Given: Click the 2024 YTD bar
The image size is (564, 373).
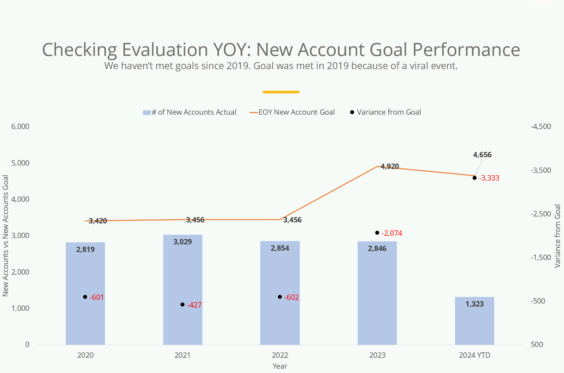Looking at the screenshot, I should coord(474,321).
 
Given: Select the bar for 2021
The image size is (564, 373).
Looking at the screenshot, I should coord(182,289).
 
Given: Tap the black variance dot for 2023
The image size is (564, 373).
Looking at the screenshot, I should coord(377,233).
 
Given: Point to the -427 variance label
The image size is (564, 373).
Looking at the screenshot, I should coord(194,305).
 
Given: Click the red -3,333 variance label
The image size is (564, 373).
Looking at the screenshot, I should coord(489,178).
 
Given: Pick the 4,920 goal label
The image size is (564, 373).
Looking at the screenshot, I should coord(390,166).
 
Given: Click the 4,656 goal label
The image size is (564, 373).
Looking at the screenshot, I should coord(482,155).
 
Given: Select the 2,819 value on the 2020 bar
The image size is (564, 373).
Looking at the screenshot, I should coord(85,249).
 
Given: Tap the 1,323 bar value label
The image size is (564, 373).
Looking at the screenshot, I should coord(475,304).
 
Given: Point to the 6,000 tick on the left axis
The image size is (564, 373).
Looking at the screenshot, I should coord(20,126).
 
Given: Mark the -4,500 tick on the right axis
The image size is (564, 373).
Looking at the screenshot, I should coord(541,126).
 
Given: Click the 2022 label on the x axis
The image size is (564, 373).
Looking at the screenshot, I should coord(280,355).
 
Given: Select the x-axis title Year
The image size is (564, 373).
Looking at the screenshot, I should coord(280,366).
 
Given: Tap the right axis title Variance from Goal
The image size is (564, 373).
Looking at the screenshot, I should coord(557,236).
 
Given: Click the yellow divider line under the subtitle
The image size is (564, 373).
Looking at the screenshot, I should coord(281,92).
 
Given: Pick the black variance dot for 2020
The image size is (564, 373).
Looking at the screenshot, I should coord(85,297).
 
